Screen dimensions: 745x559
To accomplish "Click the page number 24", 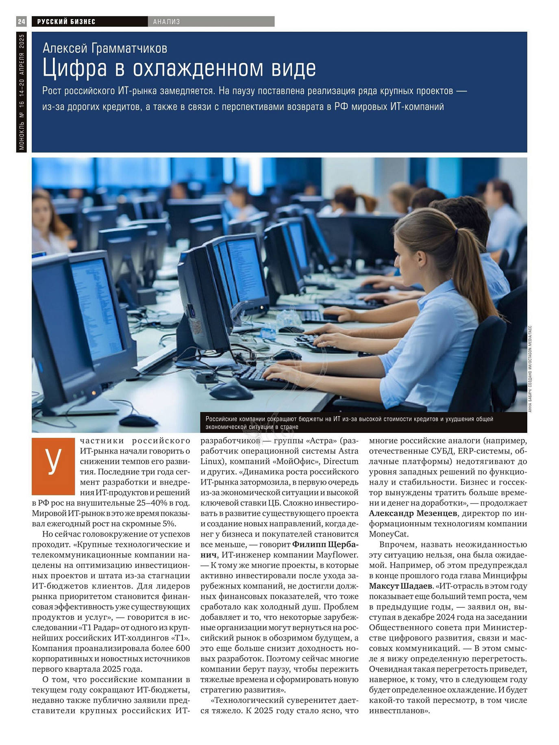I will pos(21,22).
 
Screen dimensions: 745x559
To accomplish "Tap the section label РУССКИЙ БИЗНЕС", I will pos(66,22).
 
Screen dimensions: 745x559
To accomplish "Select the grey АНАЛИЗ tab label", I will pos(166,22).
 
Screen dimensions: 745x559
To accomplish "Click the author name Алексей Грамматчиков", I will pos(105,48).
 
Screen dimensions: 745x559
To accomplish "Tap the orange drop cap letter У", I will pos(53,460).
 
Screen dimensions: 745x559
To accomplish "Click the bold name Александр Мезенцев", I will pos(413,513).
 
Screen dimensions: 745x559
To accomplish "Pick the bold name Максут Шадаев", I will pos(400,586).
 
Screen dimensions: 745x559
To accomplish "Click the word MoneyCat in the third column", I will pos(389,534).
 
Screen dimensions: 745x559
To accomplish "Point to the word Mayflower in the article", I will pos(337,555).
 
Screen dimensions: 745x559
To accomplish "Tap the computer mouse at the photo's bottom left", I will pos(138,419).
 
